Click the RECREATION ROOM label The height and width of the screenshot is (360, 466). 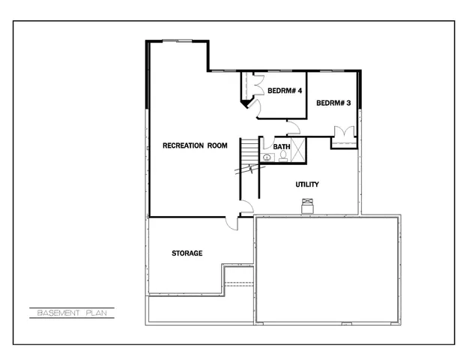195,145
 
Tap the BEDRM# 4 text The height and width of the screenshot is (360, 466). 284,91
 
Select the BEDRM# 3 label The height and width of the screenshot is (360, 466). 333,103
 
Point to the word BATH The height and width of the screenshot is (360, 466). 282,146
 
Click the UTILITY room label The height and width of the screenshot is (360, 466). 308,184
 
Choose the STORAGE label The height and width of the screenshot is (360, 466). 187,253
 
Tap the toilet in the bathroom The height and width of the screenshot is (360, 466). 284,157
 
